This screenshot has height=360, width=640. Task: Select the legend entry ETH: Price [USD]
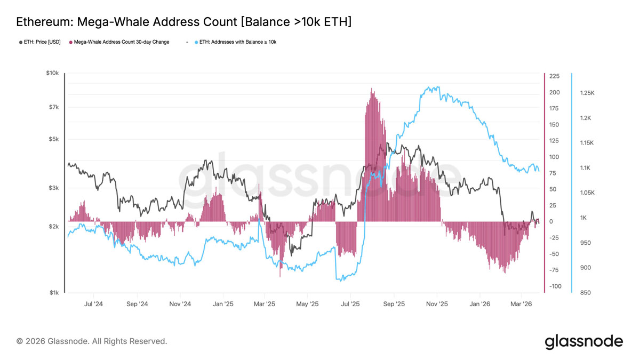39,42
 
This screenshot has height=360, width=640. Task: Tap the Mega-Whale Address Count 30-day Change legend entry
119,42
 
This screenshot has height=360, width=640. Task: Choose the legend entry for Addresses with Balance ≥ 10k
235,42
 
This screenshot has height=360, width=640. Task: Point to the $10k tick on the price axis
53,73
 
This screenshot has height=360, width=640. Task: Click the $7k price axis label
54,107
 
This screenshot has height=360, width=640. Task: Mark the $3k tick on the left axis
54,188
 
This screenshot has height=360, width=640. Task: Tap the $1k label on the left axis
54,293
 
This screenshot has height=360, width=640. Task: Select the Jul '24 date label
93,304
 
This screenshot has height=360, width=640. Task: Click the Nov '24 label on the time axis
180,304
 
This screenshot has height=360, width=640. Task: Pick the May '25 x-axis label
307,304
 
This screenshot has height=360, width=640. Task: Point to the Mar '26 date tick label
521,304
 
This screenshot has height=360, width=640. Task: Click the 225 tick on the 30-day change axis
554,76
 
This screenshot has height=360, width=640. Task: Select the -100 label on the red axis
555,286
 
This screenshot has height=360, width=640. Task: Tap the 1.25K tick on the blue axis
587,93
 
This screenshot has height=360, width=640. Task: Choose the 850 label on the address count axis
586,293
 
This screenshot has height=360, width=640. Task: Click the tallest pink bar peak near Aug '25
371,89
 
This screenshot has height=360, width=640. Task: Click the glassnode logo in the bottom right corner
583,342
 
